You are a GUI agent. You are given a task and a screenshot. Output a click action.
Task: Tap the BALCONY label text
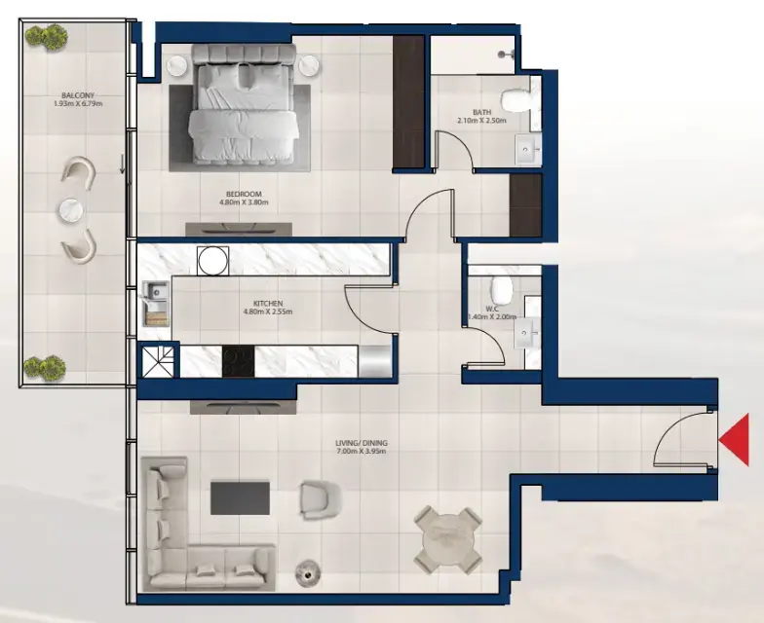72,95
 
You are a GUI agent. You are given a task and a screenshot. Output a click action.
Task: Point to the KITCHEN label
267,304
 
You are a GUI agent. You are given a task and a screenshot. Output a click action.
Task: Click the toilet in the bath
513,99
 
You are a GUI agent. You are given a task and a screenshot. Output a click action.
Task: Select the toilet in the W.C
501,288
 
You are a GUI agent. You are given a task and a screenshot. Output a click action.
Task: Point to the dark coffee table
239,498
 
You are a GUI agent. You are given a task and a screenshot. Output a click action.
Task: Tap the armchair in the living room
320,499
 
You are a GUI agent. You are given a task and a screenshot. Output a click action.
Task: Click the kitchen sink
155,303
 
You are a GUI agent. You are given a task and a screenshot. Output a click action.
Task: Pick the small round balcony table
72,210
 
